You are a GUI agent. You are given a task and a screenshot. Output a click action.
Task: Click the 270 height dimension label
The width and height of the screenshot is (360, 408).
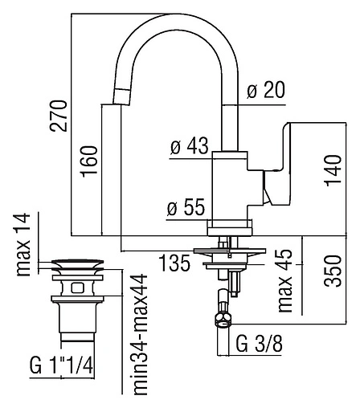tap(58, 116)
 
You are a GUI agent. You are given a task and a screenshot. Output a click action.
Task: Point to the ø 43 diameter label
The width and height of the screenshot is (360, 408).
tap(190, 146)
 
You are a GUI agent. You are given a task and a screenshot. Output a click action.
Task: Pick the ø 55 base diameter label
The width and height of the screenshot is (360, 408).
tap(186, 207)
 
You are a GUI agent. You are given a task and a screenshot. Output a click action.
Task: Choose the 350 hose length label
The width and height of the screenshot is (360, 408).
tap(333, 271)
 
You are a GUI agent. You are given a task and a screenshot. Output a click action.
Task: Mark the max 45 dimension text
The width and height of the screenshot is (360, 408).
tap(285, 280)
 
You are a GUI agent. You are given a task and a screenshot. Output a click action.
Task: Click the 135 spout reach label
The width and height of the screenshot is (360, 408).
tap(174, 263)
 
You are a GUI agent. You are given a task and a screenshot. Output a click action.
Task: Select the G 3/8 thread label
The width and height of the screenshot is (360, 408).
tap(260, 344)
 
